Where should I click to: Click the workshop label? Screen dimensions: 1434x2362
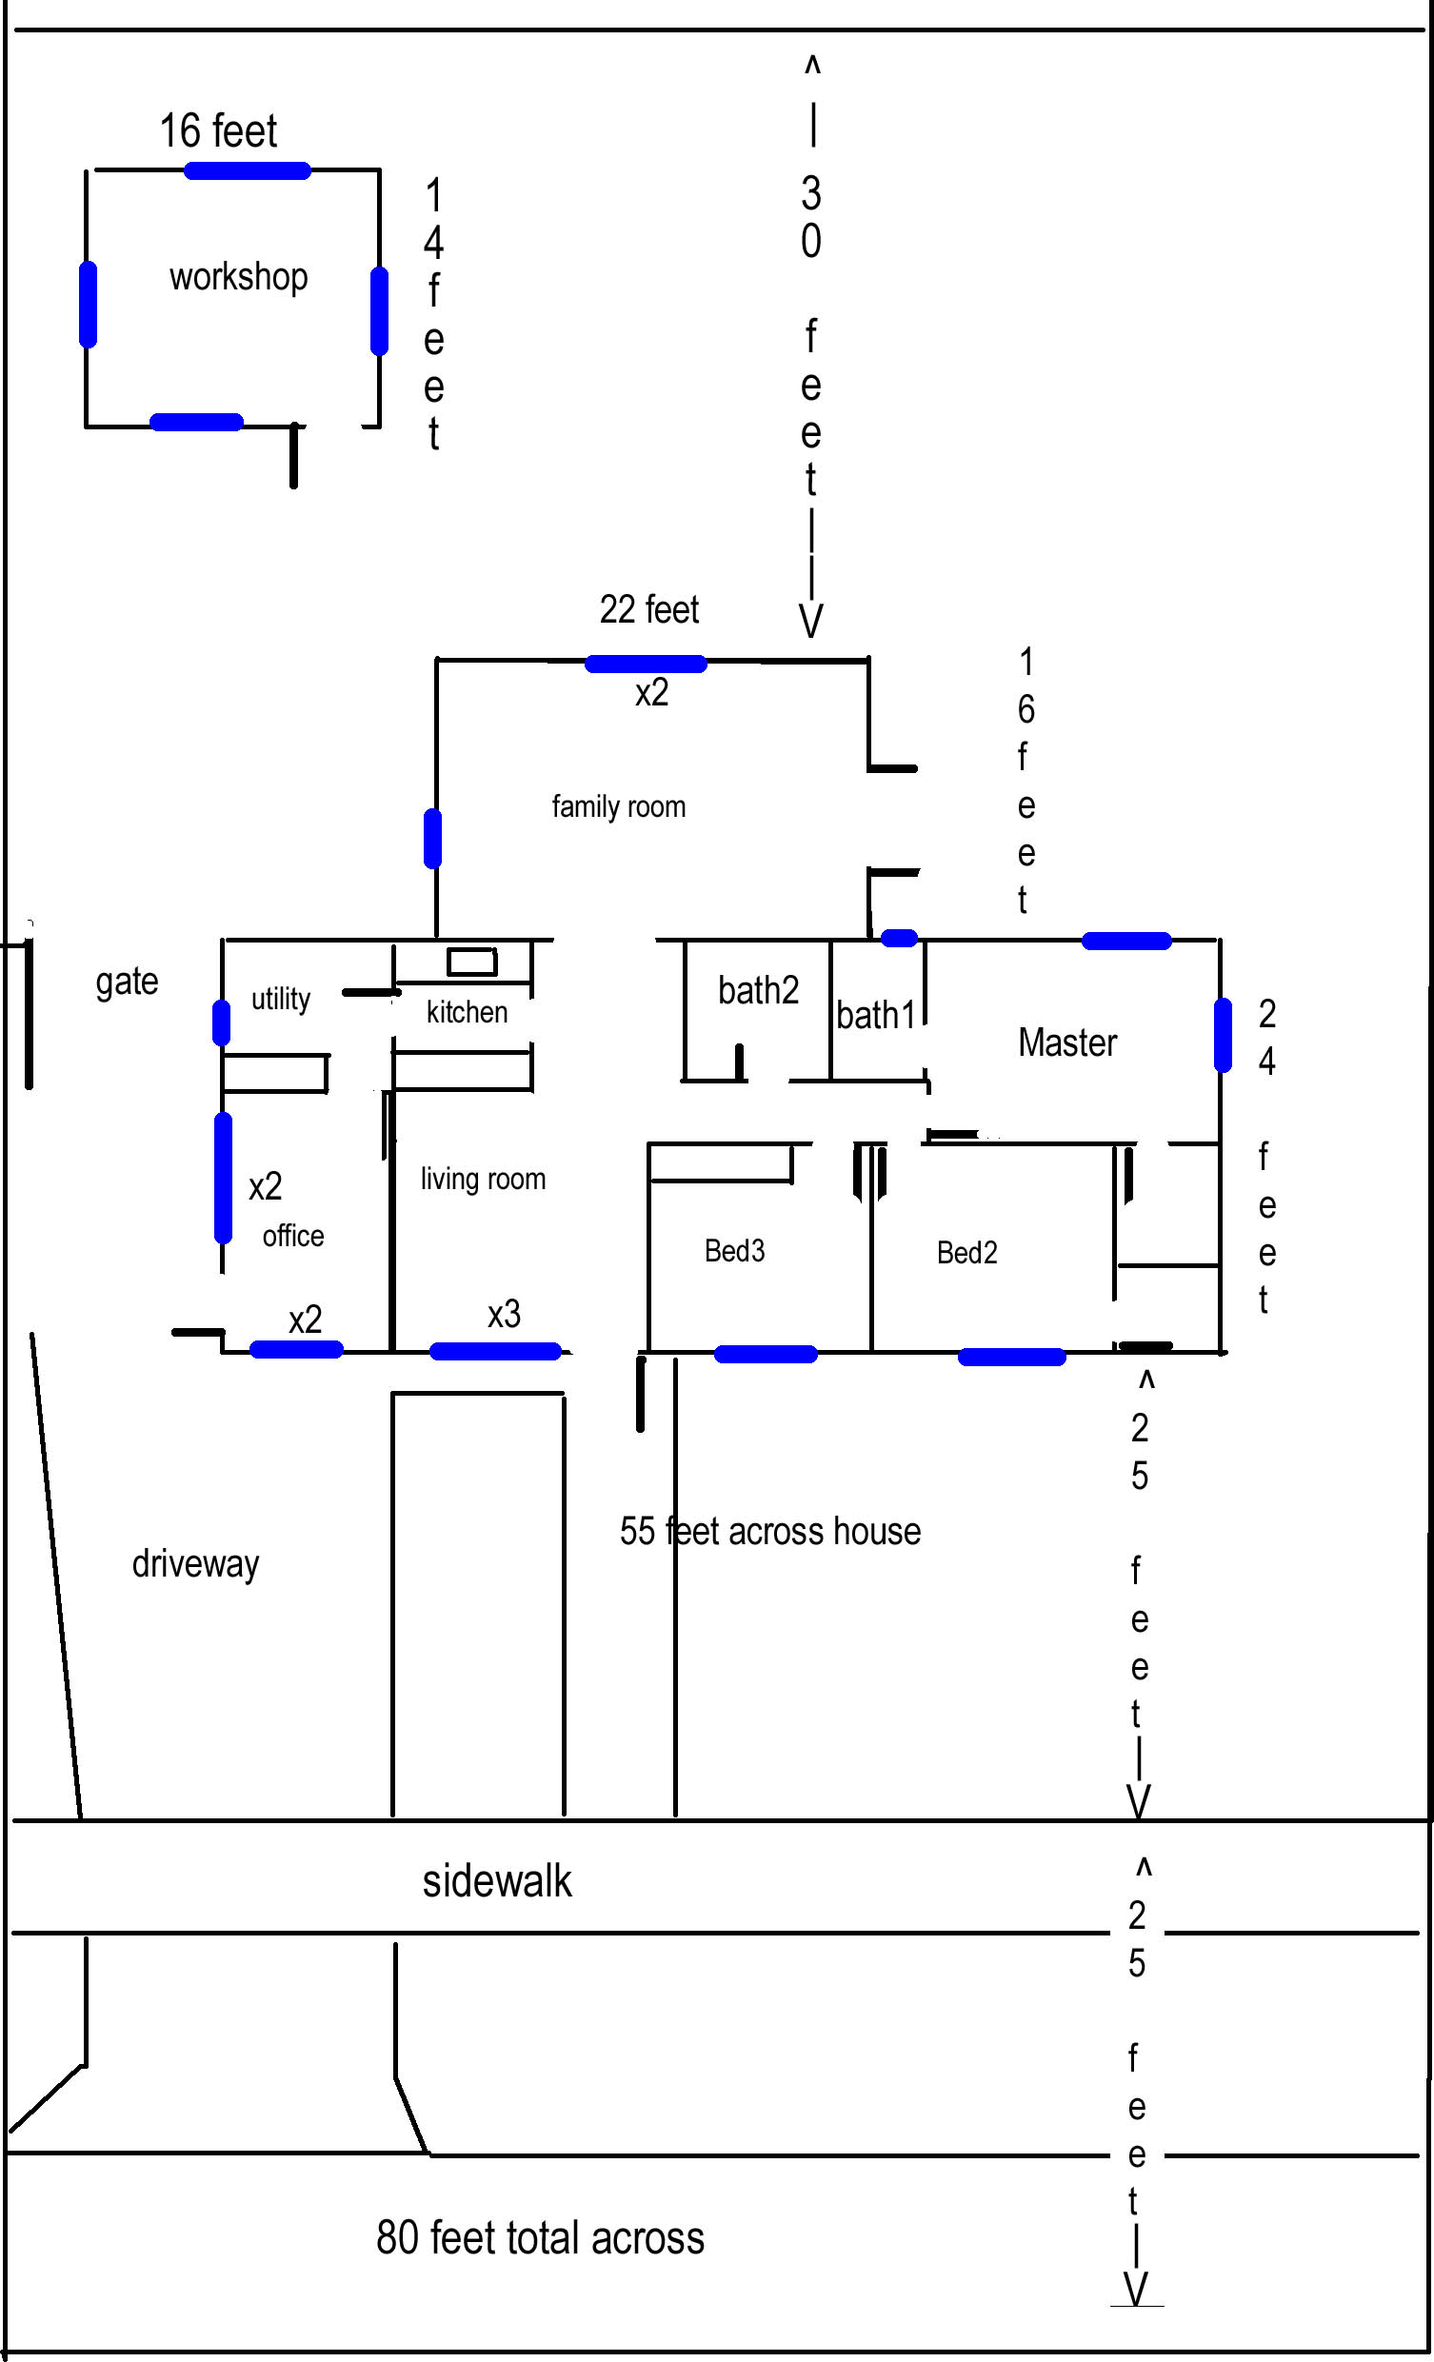tap(239, 278)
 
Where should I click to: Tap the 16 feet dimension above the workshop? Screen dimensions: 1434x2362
tap(218, 130)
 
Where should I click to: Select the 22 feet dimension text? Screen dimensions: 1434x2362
tap(649, 609)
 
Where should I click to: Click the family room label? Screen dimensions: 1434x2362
tap(618, 807)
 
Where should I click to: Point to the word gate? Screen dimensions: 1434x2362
tap(127, 983)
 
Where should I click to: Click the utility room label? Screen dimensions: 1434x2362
tap(280, 1000)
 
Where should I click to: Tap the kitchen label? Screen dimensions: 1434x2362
tap(467, 1012)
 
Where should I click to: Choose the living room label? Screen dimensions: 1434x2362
tap(483, 1179)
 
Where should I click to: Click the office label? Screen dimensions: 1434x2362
tap(293, 1236)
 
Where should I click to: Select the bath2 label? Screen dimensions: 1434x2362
tap(758, 990)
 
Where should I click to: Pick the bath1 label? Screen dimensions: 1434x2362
tap(876, 1015)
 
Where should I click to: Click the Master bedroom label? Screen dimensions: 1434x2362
tap(1066, 1043)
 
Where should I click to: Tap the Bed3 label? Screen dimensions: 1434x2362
tap(734, 1251)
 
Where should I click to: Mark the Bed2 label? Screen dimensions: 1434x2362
tap(967, 1253)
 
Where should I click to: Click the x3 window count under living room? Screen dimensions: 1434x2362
tap(505, 1314)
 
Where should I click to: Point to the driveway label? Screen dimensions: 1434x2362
tap(195, 1564)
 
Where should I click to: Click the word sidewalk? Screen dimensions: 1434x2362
tap(496, 1882)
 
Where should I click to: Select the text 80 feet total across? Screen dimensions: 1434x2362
tap(540, 2238)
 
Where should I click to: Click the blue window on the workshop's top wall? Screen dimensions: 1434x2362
tap(248, 171)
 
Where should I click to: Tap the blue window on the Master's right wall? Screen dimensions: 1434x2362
tap(1223, 1034)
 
